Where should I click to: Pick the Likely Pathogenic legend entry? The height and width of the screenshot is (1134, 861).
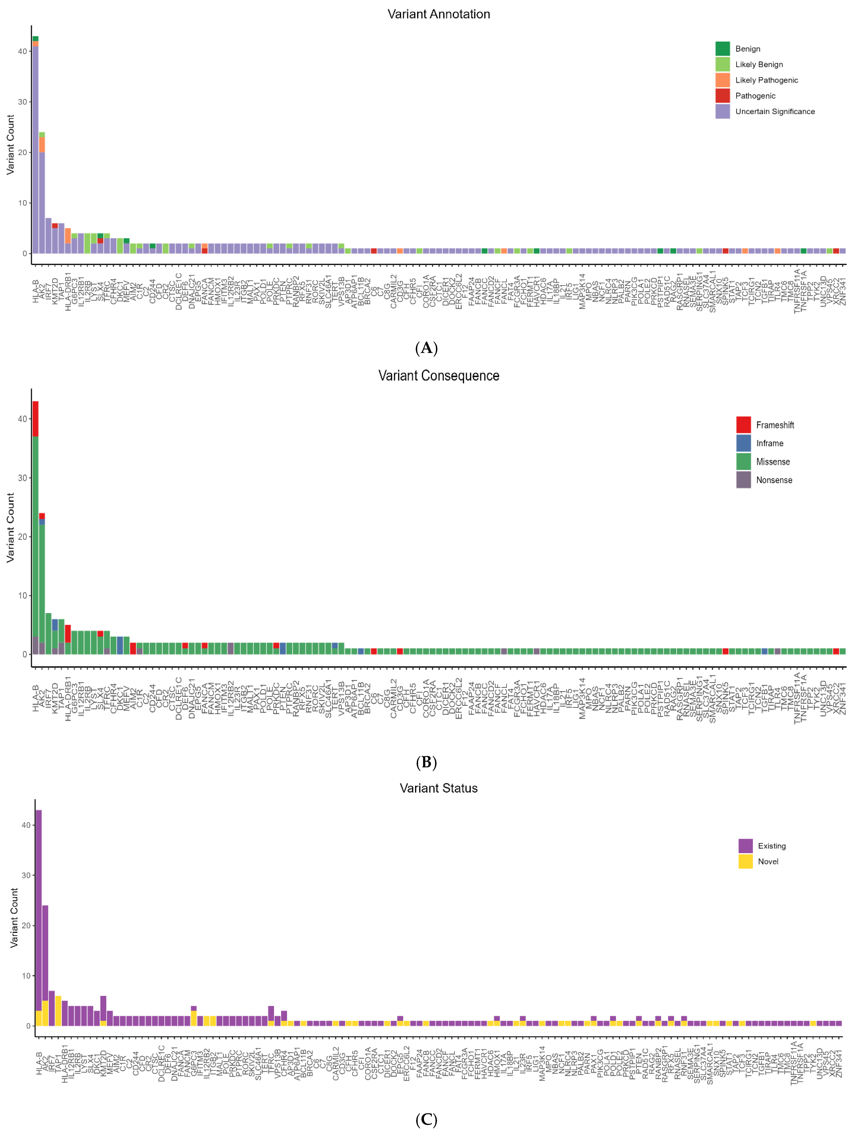[x=766, y=80]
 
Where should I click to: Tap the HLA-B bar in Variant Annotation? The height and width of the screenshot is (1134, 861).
[x=35, y=154]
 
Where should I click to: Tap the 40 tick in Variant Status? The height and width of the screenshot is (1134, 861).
[x=26, y=825]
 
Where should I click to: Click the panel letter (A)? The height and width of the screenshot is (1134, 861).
[x=426, y=348]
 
